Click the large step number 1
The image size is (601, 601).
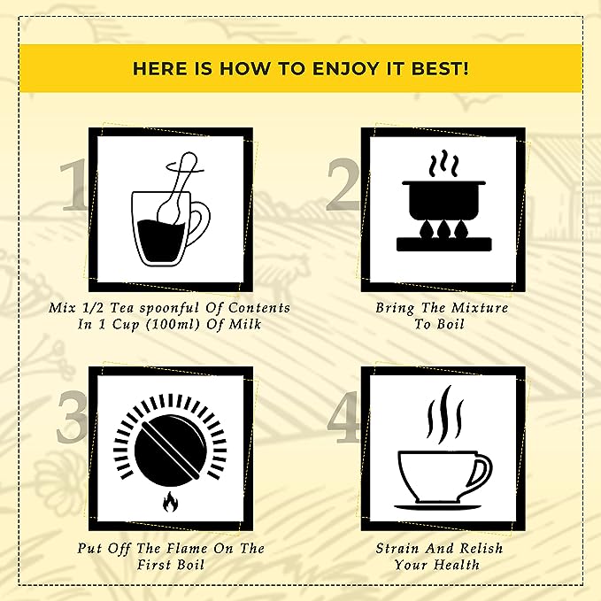point(74,185)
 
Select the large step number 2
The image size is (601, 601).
point(343,185)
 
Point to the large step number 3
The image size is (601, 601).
point(72,417)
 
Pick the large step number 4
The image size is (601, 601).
point(343,417)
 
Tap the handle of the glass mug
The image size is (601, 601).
point(200,224)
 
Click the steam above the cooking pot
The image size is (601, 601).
point(443,164)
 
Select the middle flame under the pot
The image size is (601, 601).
point(443,228)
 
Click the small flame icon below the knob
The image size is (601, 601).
point(169,502)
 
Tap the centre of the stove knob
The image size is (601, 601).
point(170,449)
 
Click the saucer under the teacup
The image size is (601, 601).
point(438,506)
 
